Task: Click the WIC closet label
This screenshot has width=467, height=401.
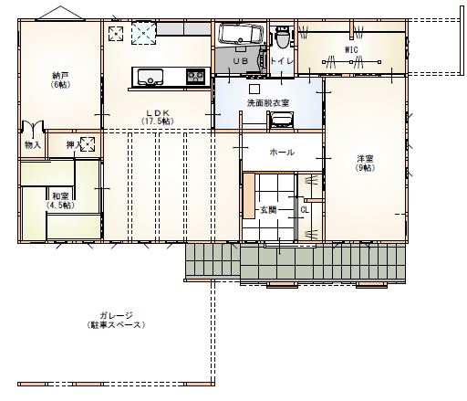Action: click(x=351, y=48)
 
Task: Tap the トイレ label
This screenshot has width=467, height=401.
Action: click(x=281, y=60)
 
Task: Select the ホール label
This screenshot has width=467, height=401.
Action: click(x=282, y=152)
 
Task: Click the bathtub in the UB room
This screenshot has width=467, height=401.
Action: click(x=240, y=37)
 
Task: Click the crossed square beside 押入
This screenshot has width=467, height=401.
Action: click(x=88, y=143)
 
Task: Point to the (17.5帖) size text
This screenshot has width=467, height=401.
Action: click(x=157, y=122)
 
